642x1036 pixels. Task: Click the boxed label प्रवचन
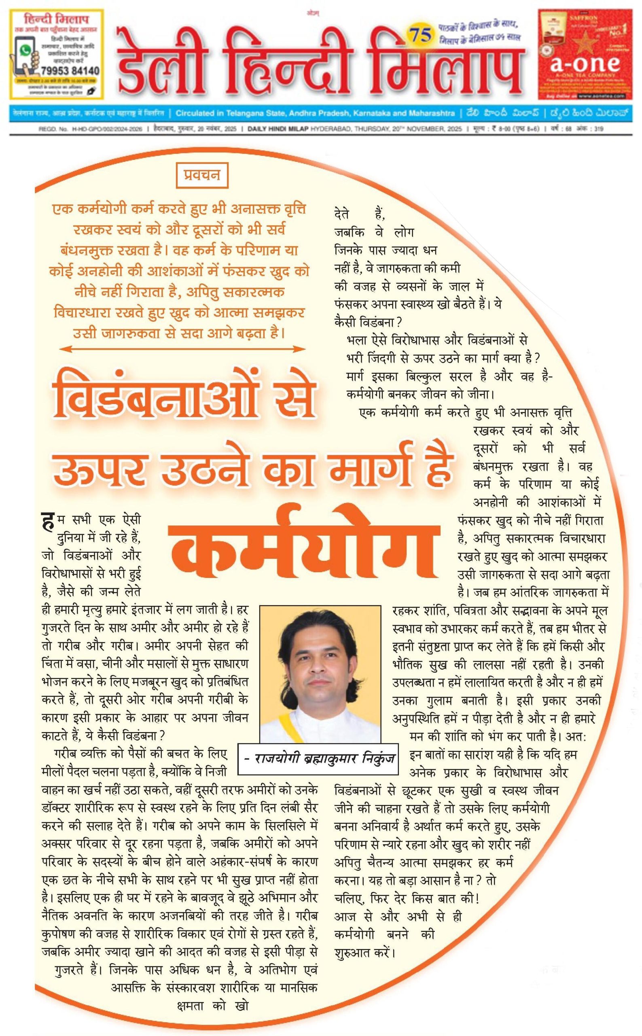pos(202,174)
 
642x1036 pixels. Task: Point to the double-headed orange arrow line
pos(182,349)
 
